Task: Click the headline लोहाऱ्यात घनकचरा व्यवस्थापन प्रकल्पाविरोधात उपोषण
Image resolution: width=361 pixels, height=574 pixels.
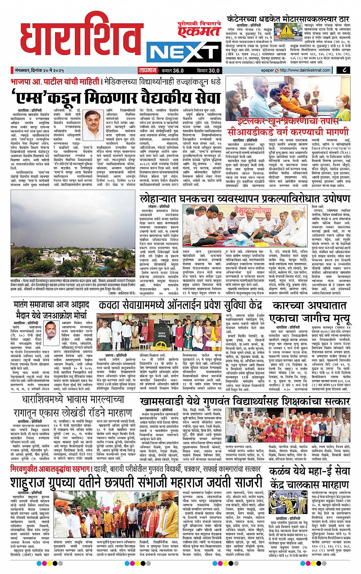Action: point(244,199)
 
